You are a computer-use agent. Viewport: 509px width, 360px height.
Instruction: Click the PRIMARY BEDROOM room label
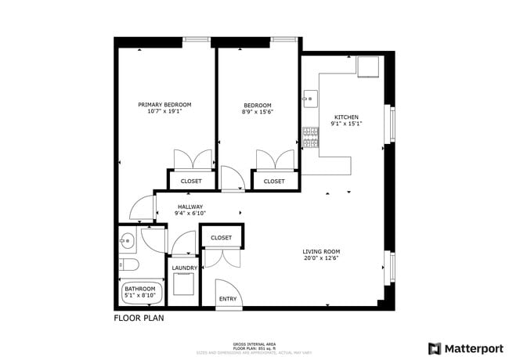tap(164, 104)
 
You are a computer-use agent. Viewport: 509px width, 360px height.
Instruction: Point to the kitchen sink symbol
tap(310, 99)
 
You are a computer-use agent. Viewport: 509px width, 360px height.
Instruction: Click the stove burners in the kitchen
tap(311, 138)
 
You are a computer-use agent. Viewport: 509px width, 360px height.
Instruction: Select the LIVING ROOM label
tap(321, 251)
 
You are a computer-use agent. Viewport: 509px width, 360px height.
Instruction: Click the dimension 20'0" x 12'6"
tap(321, 259)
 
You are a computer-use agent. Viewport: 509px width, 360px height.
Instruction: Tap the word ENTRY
tap(228, 298)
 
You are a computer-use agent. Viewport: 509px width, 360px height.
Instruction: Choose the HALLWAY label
tap(190, 207)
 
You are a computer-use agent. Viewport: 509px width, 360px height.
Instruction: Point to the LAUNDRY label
tap(184, 268)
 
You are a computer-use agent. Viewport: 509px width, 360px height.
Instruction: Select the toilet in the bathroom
tap(129, 264)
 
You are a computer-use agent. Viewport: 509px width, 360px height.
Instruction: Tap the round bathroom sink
tap(128, 239)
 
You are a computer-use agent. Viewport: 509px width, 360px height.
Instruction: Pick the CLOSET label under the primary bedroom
tap(191, 181)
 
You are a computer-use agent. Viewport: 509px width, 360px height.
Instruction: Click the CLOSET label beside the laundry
tap(221, 237)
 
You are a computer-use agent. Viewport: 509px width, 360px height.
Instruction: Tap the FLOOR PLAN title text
tap(139, 319)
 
